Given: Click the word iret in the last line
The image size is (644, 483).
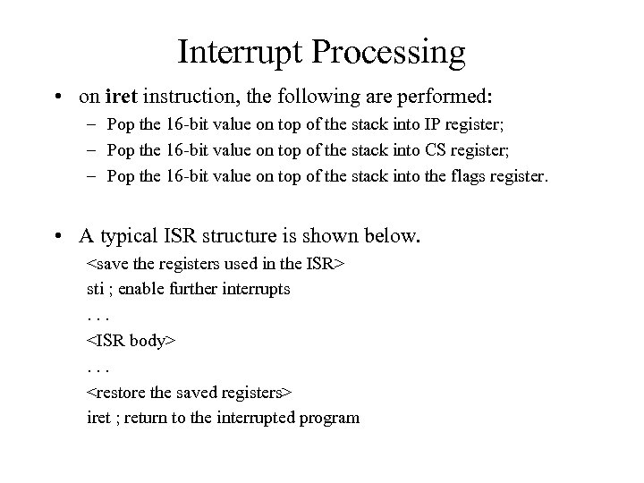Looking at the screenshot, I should (x=97, y=417).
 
